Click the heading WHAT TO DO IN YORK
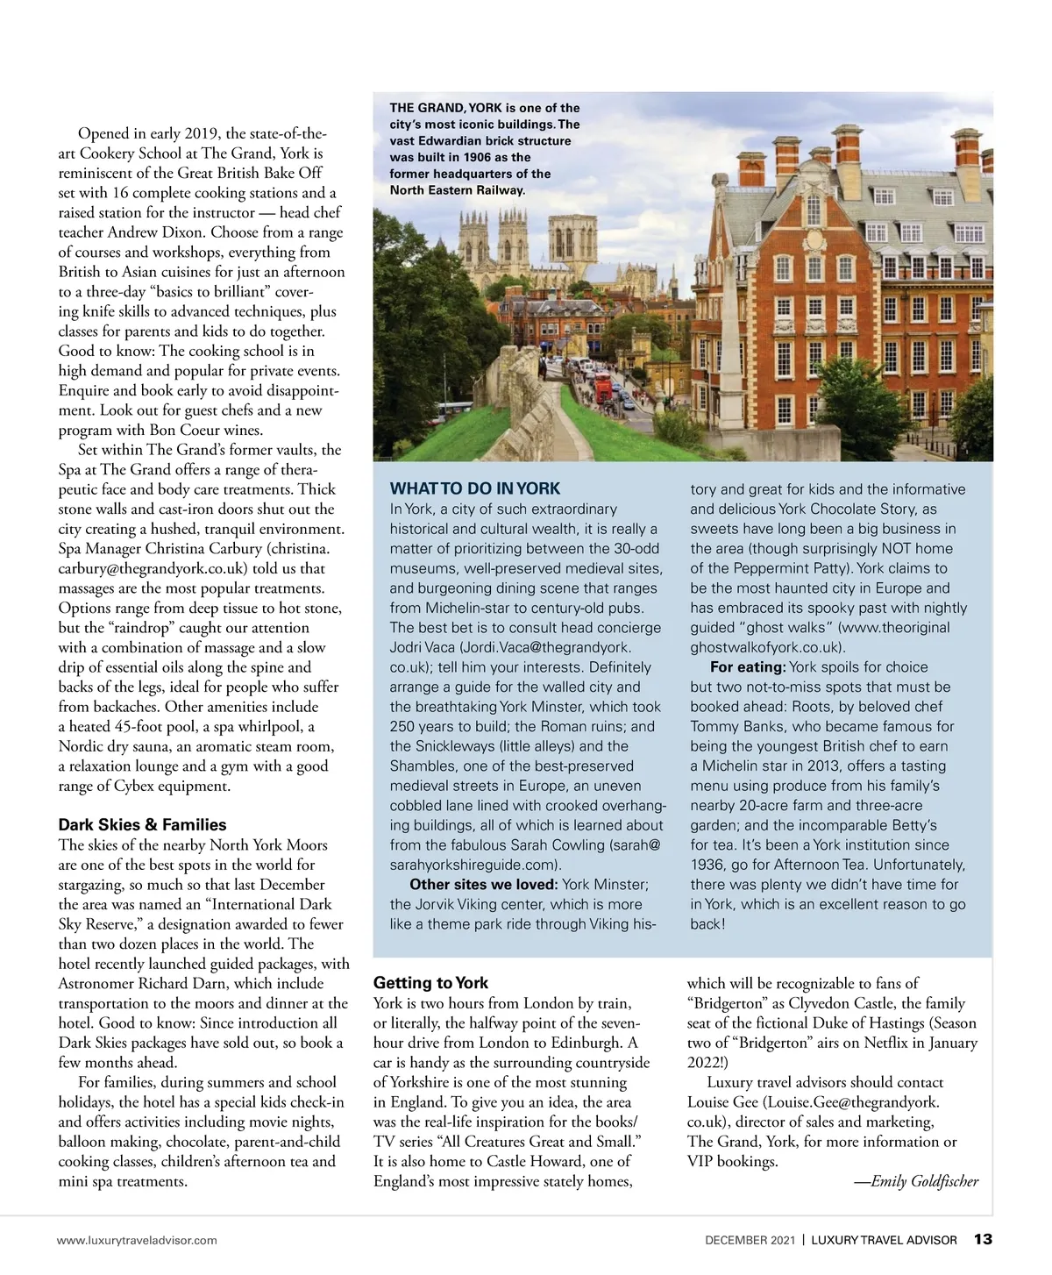(474, 489)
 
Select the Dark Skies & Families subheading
(142, 824)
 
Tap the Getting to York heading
(430, 983)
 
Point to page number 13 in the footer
(983, 1239)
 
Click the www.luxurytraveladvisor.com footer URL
(138, 1240)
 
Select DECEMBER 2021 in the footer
(750, 1240)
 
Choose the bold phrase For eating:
(748, 667)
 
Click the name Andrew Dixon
(154, 232)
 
